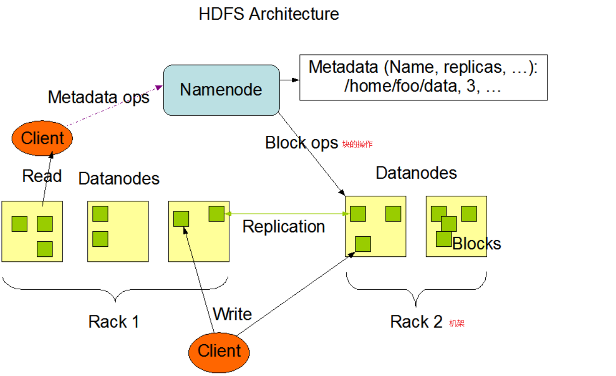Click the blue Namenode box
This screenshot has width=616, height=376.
(221, 90)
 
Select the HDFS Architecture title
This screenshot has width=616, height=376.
(269, 14)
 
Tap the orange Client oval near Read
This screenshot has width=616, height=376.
(42, 138)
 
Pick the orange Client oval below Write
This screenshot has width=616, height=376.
(219, 351)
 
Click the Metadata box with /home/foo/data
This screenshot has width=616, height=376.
(423, 77)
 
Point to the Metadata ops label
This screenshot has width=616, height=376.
(98, 97)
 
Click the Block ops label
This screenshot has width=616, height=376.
(301, 143)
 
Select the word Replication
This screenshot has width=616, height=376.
(283, 227)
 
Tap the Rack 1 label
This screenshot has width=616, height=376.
(114, 321)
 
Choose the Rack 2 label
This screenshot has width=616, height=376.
(416, 321)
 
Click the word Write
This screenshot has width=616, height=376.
(232, 314)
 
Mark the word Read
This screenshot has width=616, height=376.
(42, 176)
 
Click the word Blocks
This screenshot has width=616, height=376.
(476, 244)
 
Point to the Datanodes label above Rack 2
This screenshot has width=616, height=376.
(416, 173)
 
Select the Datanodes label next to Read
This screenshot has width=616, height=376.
(119, 178)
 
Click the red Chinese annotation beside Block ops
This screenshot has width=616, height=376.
(357, 144)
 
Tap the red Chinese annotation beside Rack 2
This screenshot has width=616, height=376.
(456, 323)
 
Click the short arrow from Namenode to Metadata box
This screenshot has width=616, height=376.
(289, 80)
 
